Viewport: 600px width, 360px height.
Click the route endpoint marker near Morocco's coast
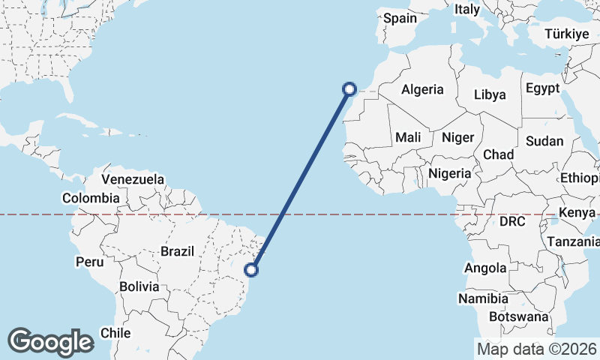point(349,89)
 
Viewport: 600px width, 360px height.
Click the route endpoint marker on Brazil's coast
point(252,270)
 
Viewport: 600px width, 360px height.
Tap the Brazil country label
point(177,251)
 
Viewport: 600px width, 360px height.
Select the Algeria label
point(422,89)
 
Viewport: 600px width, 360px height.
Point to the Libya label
point(490,95)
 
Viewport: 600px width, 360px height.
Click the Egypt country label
point(542,88)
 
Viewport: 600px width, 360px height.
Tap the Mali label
point(408,137)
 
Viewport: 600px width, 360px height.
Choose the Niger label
point(457,137)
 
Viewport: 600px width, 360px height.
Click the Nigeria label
point(450,173)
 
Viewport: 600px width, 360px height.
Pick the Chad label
point(498,154)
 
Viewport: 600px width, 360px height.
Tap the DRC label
point(513,222)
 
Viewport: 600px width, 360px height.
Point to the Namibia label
point(483,298)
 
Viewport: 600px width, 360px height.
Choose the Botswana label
point(518,316)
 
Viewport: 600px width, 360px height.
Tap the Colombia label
point(91,198)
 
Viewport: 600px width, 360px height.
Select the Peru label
point(89,262)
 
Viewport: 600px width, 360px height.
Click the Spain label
point(400,18)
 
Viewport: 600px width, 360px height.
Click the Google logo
point(50,341)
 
